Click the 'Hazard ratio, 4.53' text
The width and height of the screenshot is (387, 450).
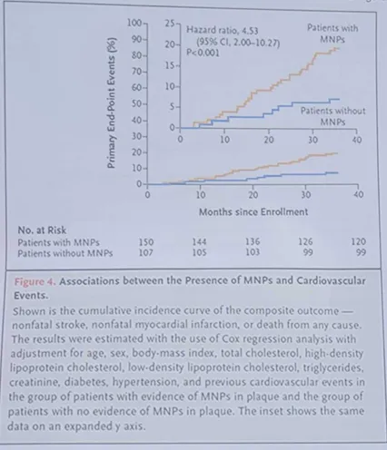pyautogui.click(x=222, y=30)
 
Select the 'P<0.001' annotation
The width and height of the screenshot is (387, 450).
pyautogui.click(x=203, y=53)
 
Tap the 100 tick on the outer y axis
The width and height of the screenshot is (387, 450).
pyautogui.click(x=134, y=23)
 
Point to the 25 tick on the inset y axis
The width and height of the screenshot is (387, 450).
pyautogui.click(x=170, y=23)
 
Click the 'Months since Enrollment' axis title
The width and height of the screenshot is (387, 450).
pyautogui.click(x=253, y=211)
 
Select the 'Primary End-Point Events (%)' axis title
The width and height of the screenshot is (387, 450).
pyautogui.click(x=112, y=103)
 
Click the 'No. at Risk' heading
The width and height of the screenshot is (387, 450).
pyautogui.click(x=42, y=230)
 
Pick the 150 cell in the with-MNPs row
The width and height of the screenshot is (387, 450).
pyautogui.click(x=146, y=242)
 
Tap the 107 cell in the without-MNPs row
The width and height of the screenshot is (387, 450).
pyautogui.click(x=146, y=252)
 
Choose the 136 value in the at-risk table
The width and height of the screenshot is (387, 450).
pyautogui.click(x=253, y=241)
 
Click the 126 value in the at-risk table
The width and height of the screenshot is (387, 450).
pyautogui.click(x=305, y=241)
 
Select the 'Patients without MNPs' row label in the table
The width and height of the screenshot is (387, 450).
pyautogui.click(x=65, y=253)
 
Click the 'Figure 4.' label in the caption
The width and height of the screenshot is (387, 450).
pyautogui.click(x=35, y=281)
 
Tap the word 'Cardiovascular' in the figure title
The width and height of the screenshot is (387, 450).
pyautogui.click(x=331, y=281)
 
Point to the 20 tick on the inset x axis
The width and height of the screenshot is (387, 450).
pyautogui.click(x=269, y=140)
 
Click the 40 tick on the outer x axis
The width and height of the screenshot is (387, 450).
pyautogui.click(x=359, y=194)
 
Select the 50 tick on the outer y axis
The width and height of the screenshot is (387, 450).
pyautogui.click(x=136, y=104)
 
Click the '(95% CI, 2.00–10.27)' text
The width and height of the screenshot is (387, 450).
pyautogui.click(x=238, y=43)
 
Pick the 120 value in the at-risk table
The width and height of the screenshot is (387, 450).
pyautogui.click(x=359, y=241)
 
